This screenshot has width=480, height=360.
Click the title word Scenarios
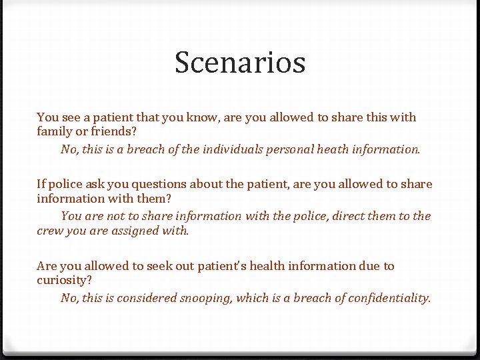240,63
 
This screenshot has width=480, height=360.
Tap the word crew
49,231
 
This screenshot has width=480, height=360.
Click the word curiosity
64,281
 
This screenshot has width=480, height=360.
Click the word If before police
41,184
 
